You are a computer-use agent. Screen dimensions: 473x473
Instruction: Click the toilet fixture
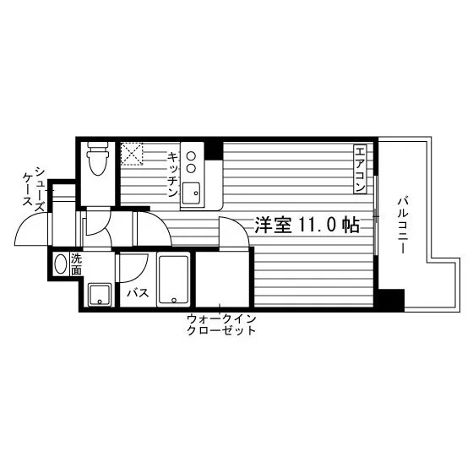(x=97, y=159)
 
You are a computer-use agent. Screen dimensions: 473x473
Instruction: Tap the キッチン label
(x=173, y=175)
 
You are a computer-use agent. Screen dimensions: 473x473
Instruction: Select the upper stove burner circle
(x=191, y=156)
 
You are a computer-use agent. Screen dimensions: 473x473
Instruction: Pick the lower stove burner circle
(x=191, y=168)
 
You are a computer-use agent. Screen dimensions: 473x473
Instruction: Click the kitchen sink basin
(x=191, y=193)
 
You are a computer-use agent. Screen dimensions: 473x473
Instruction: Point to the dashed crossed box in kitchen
(x=132, y=154)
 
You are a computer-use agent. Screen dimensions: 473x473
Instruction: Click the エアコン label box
(x=360, y=169)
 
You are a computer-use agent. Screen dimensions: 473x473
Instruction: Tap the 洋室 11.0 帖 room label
(x=307, y=225)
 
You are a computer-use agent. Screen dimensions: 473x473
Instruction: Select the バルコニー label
(x=404, y=225)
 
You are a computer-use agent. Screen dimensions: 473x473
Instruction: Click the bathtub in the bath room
(x=173, y=280)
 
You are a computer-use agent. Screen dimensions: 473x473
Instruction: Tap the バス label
(x=138, y=292)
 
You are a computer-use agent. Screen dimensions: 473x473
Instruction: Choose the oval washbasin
(x=61, y=264)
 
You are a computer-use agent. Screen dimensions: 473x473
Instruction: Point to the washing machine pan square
(x=100, y=295)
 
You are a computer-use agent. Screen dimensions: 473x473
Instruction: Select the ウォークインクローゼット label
(x=221, y=324)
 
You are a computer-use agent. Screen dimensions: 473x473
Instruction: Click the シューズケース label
(x=35, y=189)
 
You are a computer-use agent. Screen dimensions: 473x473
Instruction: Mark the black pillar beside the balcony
(x=391, y=300)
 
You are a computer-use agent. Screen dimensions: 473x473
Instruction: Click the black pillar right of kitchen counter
(x=214, y=150)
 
